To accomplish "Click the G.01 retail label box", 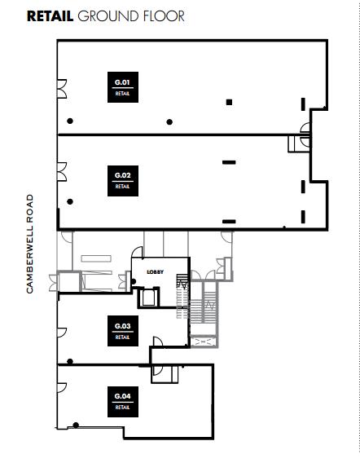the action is coord(123,87).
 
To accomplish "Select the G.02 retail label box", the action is coord(123,181).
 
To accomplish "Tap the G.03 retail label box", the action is coord(123,331).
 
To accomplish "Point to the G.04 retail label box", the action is coord(123,402).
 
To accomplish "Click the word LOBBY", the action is coord(156,272).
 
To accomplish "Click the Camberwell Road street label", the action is coord(30,244).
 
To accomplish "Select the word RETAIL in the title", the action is coord(50,16).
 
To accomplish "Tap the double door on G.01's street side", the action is coord(62,89).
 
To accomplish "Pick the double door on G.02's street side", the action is coord(62,171).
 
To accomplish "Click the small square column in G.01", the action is coord(229,102).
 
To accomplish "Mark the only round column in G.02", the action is coord(70,201).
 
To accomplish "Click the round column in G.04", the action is coord(76,426).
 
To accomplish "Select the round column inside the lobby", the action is coord(134,281).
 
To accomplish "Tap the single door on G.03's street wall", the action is coord(62,333).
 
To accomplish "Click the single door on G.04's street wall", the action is coord(62,387).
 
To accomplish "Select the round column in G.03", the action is coord(70,361).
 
